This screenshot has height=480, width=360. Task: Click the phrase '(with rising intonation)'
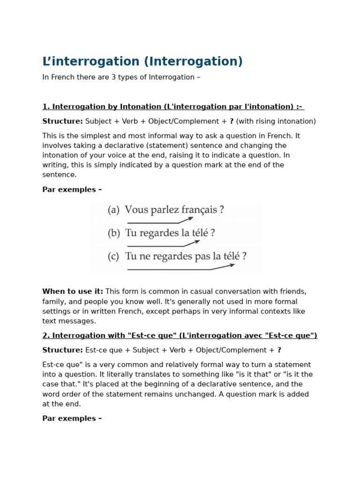(x=276, y=121)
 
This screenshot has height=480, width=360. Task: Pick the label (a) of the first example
(x=113, y=210)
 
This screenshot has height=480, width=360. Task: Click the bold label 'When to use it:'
(x=73, y=292)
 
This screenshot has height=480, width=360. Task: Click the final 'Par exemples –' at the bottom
(x=72, y=419)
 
